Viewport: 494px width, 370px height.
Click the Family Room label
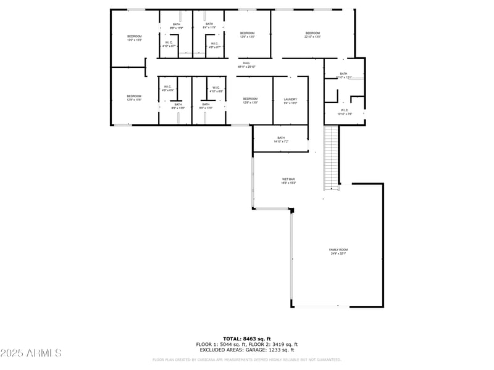pyautogui.click(x=338, y=251)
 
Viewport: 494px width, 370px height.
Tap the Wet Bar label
pyautogui.click(x=288, y=181)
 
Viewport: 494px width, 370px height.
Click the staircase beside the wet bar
pyautogui.click(x=332, y=158)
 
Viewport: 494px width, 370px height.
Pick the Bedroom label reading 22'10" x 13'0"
pyautogui.click(x=312, y=35)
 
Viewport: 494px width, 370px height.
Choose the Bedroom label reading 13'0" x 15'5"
pyautogui.click(x=135, y=38)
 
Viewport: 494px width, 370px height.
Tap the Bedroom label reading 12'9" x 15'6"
pyautogui.click(x=134, y=97)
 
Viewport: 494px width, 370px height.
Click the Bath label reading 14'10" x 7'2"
pyautogui.click(x=281, y=139)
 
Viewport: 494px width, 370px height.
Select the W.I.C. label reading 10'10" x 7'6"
pyautogui.click(x=343, y=112)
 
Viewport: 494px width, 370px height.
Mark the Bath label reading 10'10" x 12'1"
pyautogui.click(x=343, y=75)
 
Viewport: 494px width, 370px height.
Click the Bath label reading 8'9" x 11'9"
pyautogui.click(x=177, y=26)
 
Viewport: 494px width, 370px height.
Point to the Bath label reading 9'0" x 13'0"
pyautogui.click(x=205, y=106)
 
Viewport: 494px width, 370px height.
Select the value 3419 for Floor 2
pyautogui.click(x=275, y=344)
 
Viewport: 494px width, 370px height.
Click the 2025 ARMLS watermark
pyautogui.click(x=31, y=353)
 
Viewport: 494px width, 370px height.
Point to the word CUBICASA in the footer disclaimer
pyautogui.click(x=203, y=360)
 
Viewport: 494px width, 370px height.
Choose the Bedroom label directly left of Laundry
pyautogui.click(x=249, y=101)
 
